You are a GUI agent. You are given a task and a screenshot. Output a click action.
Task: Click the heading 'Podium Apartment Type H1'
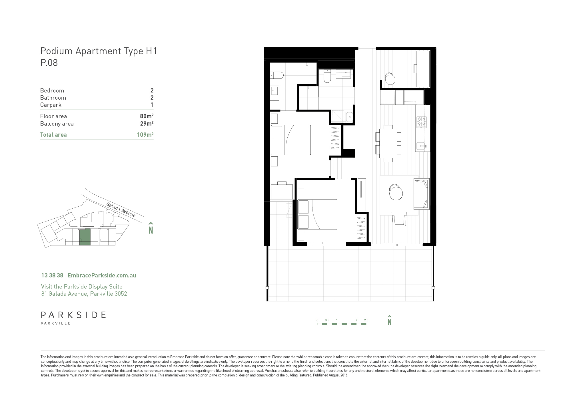tap(99, 51)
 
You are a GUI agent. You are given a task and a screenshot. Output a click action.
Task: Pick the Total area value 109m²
tap(145, 134)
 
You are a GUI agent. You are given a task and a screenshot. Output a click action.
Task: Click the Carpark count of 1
tap(152, 105)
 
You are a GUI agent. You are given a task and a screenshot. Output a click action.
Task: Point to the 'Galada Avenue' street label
tap(121, 210)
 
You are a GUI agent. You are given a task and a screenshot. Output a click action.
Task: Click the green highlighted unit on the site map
tap(85, 237)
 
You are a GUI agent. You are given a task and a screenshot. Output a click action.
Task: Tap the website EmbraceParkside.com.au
tap(102, 275)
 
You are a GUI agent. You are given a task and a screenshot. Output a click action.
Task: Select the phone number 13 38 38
tap(52, 275)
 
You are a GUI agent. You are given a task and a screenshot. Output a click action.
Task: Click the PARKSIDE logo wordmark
tap(73, 315)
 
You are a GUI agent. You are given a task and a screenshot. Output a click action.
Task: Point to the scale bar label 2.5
tap(366, 320)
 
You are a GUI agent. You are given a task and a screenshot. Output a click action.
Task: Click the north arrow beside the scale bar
tap(390, 320)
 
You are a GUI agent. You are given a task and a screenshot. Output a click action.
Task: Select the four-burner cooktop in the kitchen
tap(421, 122)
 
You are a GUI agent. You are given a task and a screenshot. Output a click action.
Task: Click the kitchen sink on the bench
tap(422, 146)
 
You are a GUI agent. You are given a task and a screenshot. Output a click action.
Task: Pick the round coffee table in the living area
tap(396, 193)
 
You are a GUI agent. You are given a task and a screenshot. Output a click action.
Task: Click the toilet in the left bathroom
tap(277, 75)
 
